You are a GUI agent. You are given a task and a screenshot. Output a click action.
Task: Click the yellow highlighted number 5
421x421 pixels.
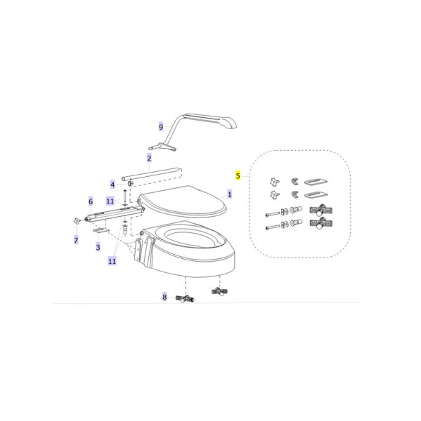click(x=238, y=175)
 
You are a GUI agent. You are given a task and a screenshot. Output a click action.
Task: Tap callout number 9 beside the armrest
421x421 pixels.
click(x=161, y=127)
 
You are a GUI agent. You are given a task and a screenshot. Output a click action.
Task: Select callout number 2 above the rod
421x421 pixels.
click(x=149, y=158)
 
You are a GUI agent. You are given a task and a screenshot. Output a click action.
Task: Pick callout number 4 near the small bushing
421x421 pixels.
click(x=112, y=185)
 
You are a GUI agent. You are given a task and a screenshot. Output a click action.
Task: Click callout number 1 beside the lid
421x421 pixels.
click(x=229, y=194)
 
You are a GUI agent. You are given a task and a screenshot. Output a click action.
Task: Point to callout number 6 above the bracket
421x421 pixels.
click(x=91, y=201)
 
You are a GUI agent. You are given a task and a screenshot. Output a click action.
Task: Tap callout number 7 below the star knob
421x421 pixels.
click(x=76, y=240)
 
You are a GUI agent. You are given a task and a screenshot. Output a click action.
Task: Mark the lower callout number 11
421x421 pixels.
click(x=112, y=260)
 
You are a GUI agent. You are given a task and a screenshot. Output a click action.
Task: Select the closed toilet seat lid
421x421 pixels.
click(x=181, y=201)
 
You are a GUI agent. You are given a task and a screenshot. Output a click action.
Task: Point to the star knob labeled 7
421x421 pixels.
click(x=77, y=221)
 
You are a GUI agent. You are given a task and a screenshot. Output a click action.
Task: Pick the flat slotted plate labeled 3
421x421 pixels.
click(x=101, y=230)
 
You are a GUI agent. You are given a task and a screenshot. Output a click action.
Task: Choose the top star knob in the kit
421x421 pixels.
click(x=274, y=182)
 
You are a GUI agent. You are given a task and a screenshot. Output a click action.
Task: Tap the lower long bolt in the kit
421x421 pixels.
click(x=273, y=227)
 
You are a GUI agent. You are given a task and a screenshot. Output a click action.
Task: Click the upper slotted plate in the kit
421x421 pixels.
click(x=316, y=182)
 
